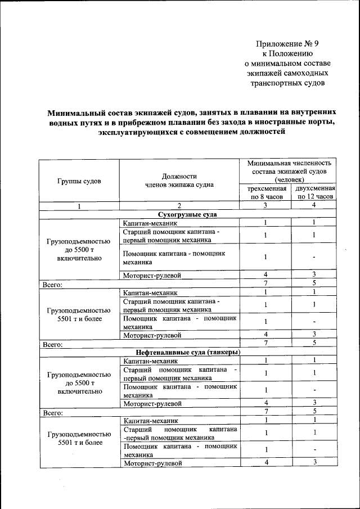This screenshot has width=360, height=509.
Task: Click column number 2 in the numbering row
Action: click(179, 205)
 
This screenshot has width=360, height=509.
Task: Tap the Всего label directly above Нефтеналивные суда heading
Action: click(52, 343)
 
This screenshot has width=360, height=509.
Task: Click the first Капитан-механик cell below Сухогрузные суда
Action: click(150, 223)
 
